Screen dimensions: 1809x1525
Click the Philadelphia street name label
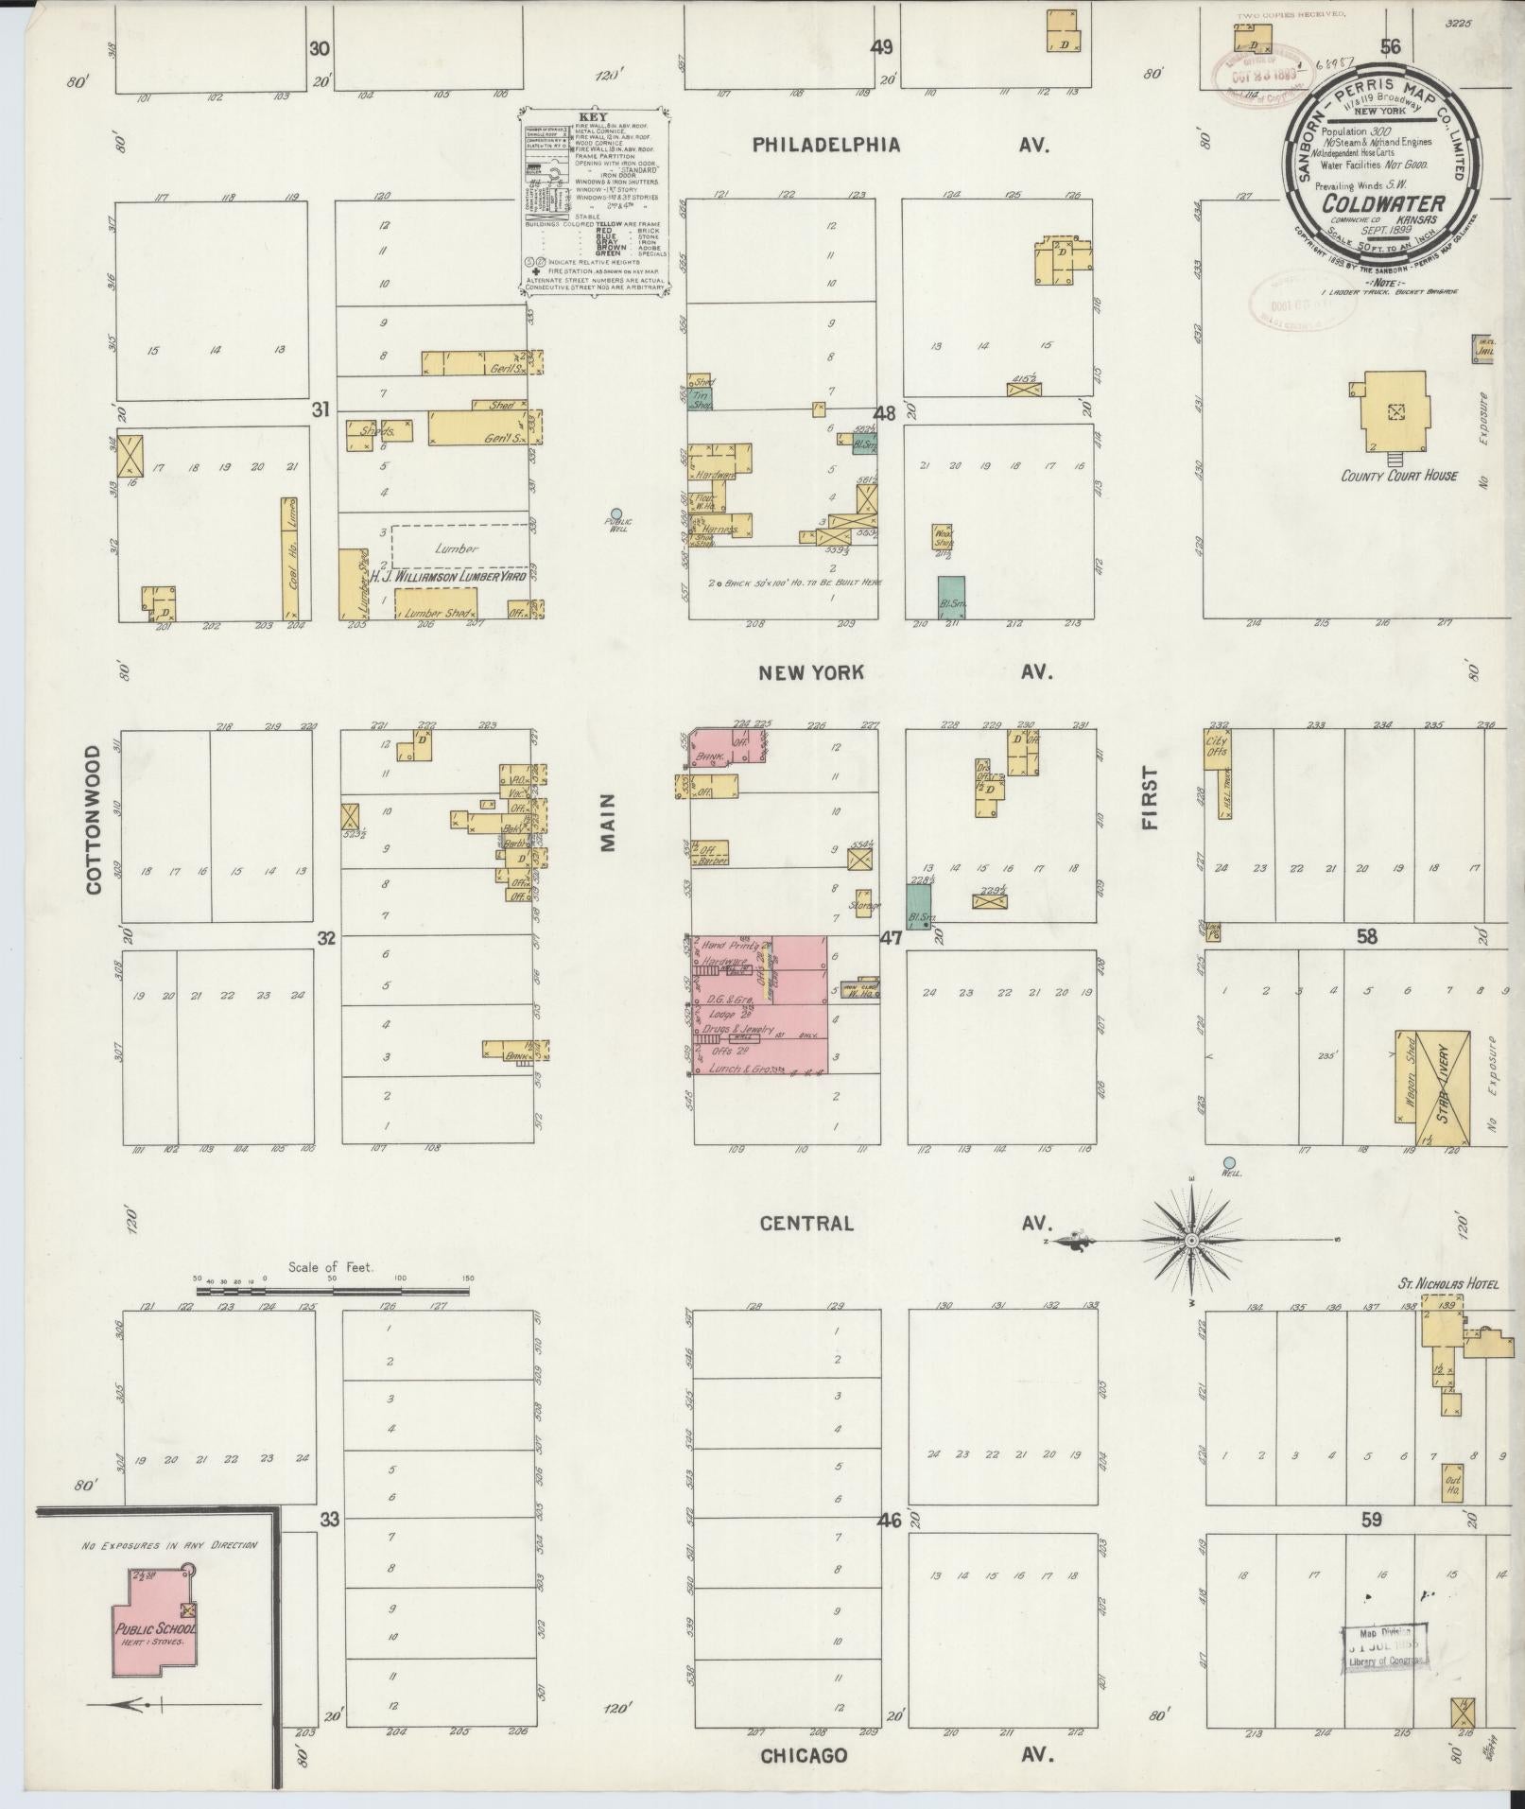[x=826, y=145]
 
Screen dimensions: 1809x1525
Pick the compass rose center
[x=1192, y=1239]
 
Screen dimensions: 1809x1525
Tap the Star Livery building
[x=1444, y=1087]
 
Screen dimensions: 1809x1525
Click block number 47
[x=890, y=938]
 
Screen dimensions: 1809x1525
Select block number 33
[x=329, y=1520]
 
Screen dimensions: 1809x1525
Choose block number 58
[x=1366, y=937]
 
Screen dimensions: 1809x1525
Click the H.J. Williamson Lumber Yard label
[x=448, y=575]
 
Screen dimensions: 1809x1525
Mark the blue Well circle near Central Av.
[x=1229, y=1162]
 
